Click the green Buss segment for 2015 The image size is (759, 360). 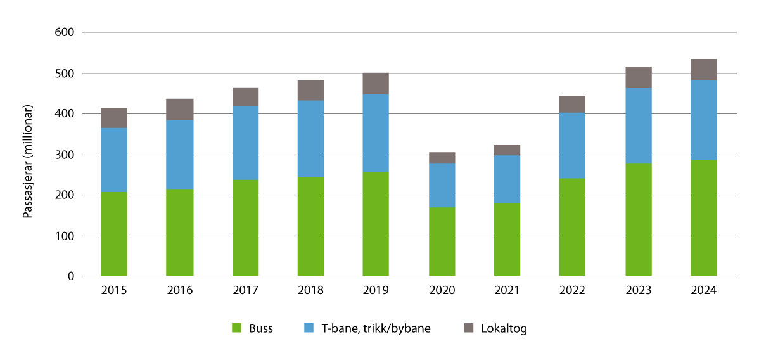tap(114, 235)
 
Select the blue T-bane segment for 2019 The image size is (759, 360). tap(376, 133)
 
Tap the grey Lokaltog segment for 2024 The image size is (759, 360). tap(703, 70)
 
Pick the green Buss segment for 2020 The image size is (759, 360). tap(442, 242)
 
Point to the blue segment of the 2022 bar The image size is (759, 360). tap(572, 146)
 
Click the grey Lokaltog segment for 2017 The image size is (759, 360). tap(245, 97)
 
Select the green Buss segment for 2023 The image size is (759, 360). tap(638, 220)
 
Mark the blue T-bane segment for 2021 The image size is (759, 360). tap(507, 179)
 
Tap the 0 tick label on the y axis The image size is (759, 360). tap(71, 276)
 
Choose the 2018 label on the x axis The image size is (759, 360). tap(310, 291)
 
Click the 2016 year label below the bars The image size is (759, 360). tap(180, 291)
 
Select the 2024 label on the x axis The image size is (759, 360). tap(703, 291)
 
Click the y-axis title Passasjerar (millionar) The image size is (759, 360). tap(28, 155)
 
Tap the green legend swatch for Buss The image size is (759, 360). tap(238, 328)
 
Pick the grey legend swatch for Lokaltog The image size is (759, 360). tap(469, 328)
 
